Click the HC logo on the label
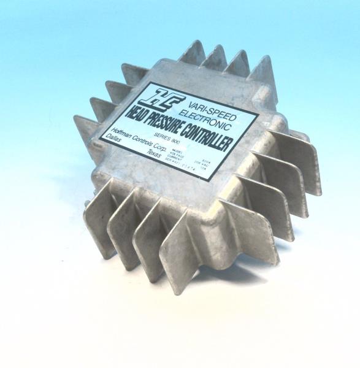click(151, 98)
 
